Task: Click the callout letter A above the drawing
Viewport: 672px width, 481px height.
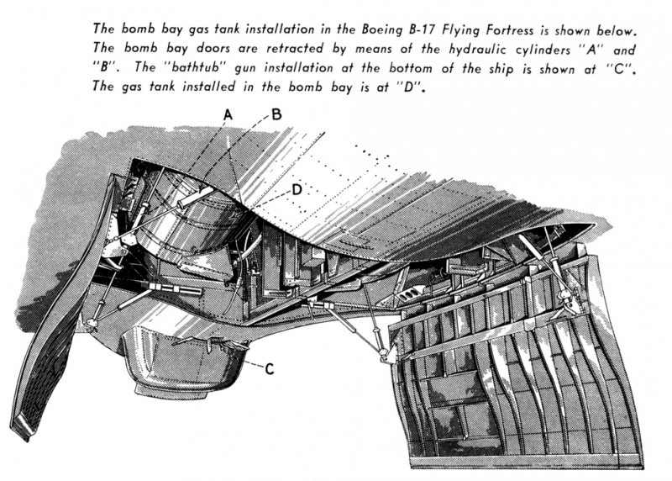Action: click(x=227, y=113)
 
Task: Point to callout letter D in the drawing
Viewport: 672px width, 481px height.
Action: click(x=297, y=190)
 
